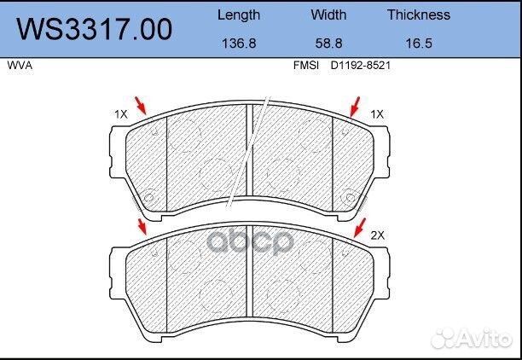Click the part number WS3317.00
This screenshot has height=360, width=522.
(x=95, y=29)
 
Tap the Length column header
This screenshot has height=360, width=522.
(x=239, y=15)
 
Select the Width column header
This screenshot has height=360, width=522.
(x=328, y=15)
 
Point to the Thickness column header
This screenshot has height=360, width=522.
(x=419, y=15)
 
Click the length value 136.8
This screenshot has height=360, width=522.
(x=239, y=44)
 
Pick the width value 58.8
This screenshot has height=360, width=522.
(x=328, y=44)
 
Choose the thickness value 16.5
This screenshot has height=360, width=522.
(x=419, y=44)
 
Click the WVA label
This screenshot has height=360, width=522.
(x=20, y=66)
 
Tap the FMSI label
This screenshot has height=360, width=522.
(x=306, y=66)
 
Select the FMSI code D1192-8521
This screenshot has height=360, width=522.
(x=360, y=66)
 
